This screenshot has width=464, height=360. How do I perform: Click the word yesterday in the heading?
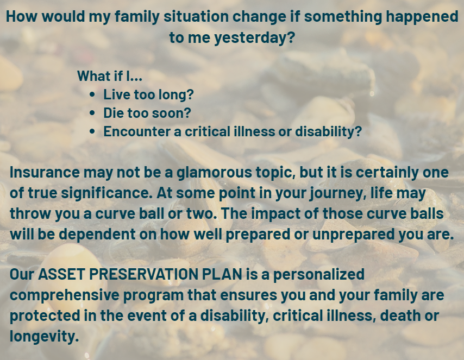pyautogui.click(x=254, y=38)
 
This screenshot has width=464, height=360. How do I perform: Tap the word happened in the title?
pyautogui.click(x=422, y=17)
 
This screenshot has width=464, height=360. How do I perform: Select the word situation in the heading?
pyautogui.click(x=196, y=17)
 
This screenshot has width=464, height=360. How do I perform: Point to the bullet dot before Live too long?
pyautogui.click(x=92, y=94)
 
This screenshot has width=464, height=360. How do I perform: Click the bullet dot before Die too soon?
pyautogui.click(x=92, y=113)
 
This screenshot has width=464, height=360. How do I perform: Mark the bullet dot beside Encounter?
pyautogui.click(x=92, y=131)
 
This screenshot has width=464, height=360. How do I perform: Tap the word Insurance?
pyautogui.click(x=45, y=172)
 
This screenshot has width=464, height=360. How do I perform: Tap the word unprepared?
pyautogui.click(x=353, y=235)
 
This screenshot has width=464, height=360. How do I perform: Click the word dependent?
pyautogui.click(x=97, y=235)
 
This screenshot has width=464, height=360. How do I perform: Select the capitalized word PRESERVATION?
pyautogui.click(x=145, y=274)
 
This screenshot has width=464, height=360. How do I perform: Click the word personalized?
pyautogui.click(x=319, y=275)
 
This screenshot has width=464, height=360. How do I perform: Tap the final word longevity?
pyautogui.click(x=44, y=336)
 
